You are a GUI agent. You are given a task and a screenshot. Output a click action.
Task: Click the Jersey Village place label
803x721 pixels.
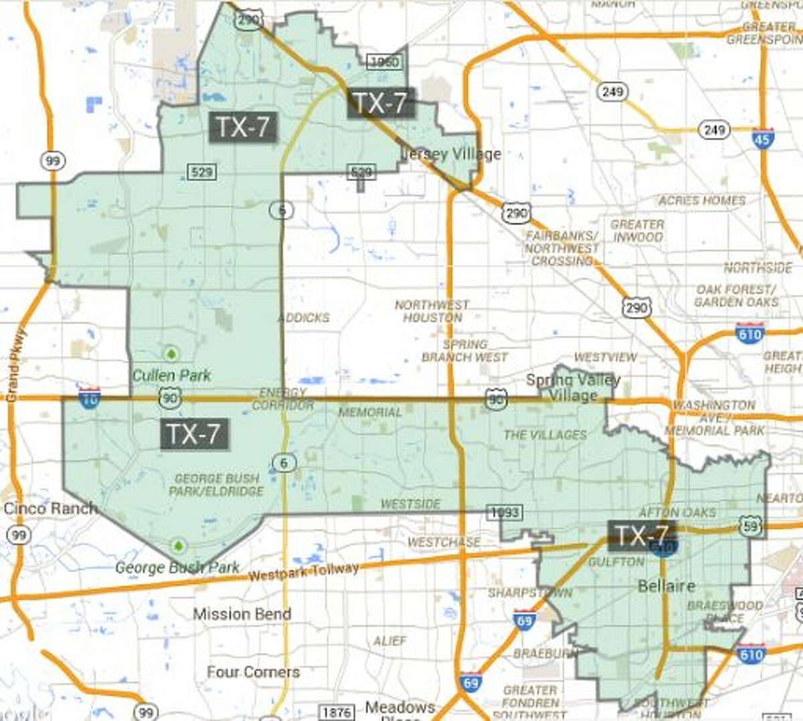(452, 154)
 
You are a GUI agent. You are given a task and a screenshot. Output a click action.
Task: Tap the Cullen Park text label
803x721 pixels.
(171, 375)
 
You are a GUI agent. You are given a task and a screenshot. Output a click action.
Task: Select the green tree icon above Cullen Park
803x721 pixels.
(171, 352)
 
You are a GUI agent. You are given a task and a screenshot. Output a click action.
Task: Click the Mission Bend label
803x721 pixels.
(242, 613)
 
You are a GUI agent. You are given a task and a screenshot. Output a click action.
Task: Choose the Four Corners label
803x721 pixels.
(253, 672)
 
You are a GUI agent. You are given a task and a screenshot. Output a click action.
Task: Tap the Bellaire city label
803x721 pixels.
(666, 586)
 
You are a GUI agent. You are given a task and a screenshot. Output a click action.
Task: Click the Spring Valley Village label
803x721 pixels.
(573, 388)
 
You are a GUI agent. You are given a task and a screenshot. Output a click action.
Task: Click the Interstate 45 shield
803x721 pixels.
(763, 138)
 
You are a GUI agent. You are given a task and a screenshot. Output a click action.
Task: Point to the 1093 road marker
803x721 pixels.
(505, 512)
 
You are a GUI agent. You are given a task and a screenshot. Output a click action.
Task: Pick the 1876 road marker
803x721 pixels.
(337, 712)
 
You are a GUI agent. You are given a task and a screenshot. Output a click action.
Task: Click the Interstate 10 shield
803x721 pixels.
(89, 398)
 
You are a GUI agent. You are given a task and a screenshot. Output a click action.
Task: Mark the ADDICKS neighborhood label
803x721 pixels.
(304, 318)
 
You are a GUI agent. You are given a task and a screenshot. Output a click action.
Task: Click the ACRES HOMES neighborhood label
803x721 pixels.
(702, 200)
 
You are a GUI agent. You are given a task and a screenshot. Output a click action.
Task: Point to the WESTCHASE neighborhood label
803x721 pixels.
(444, 542)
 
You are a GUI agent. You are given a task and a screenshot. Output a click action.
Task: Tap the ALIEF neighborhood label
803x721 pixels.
(390, 641)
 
